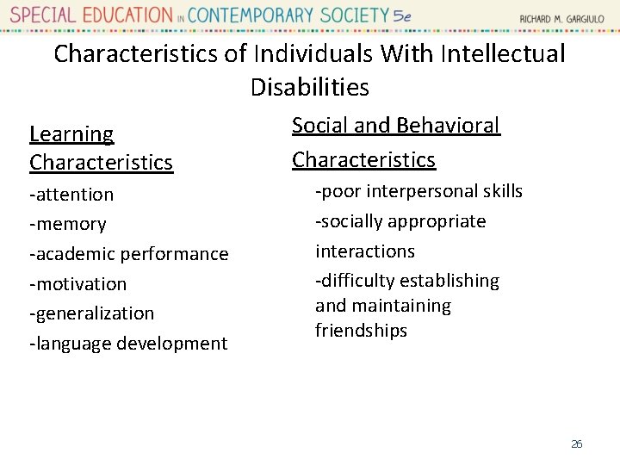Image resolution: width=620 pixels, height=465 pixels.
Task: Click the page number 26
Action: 577,444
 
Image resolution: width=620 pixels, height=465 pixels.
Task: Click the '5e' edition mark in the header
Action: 401,15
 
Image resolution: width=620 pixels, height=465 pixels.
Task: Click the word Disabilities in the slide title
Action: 310,87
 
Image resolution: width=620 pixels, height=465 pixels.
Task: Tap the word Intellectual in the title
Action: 502,53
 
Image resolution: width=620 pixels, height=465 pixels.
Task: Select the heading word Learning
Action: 71,134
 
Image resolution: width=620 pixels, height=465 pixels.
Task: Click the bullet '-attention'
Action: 71,195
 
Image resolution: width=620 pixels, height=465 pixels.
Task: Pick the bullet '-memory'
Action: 68,224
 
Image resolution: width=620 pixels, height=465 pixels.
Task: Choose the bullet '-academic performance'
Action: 129,254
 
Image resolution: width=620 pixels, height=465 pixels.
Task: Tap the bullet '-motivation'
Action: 78,283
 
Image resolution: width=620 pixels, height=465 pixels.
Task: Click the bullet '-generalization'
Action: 92,313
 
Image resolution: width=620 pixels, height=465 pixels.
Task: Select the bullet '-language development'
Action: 129,344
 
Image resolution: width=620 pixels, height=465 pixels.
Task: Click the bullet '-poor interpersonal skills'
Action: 418,191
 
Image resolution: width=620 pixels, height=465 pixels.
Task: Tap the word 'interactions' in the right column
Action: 365,251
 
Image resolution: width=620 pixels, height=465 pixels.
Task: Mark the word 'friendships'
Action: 361,331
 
